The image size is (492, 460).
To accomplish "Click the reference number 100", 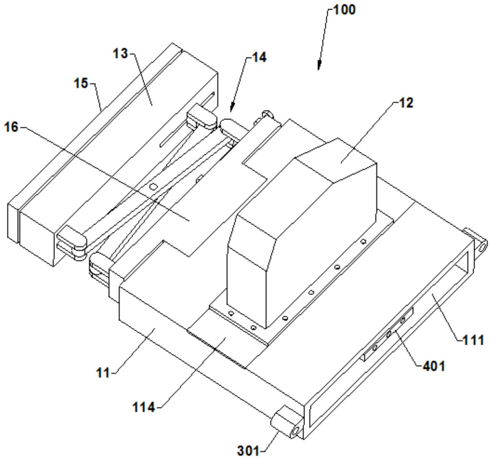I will (x=344, y=10).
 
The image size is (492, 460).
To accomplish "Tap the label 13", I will (x=120, y=54).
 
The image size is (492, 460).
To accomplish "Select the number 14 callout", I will (x=259, y=57).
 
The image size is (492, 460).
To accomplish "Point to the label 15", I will (x=81, y=83).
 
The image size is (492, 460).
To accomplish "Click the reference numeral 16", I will (x=11, y=127).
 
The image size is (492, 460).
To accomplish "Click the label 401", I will (x=434, y=366).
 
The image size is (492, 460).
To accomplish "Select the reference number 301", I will (x=248, y=451).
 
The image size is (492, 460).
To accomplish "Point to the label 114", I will (x=144, y=407).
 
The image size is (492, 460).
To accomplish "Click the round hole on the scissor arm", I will (x=153, y=187).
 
